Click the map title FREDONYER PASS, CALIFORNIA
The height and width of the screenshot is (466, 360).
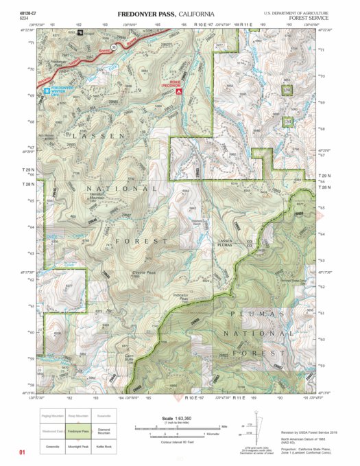(165, 14)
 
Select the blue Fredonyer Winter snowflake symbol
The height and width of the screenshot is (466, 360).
(47, 90)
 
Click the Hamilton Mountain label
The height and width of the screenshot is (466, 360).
(102, 196)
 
